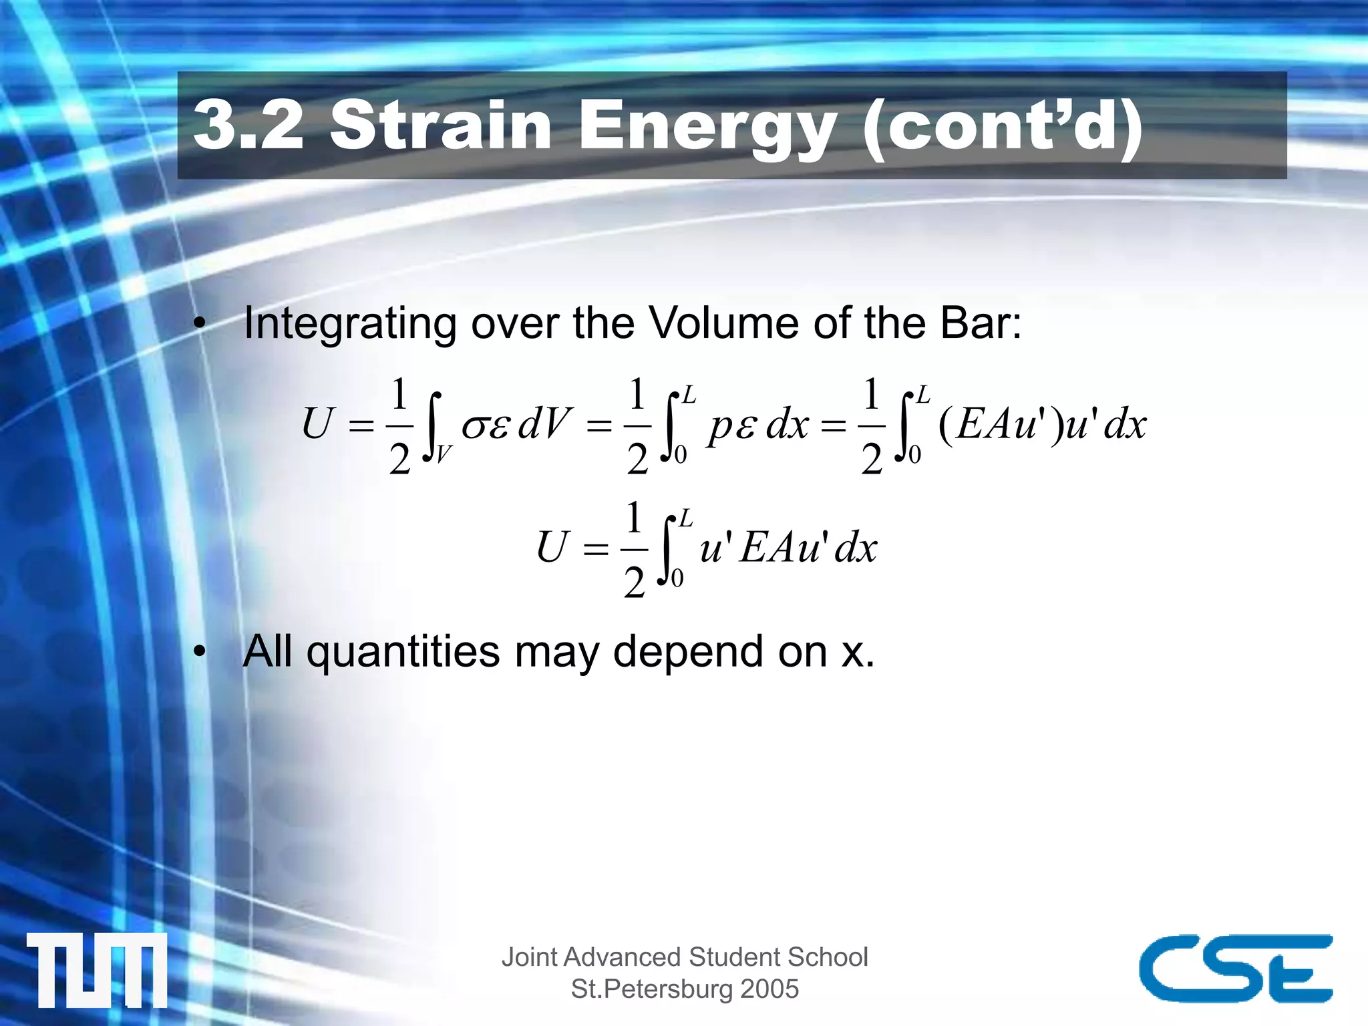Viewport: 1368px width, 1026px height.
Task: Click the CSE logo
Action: [x=1236, y=968]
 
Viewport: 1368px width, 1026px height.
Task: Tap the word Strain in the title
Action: [x=441, y=125]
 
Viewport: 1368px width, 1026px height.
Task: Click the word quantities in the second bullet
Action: [x=403, y=653]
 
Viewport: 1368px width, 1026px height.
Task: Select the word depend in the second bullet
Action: [x=687, y=653]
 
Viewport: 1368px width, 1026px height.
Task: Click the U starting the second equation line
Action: [x=553, y=547]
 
